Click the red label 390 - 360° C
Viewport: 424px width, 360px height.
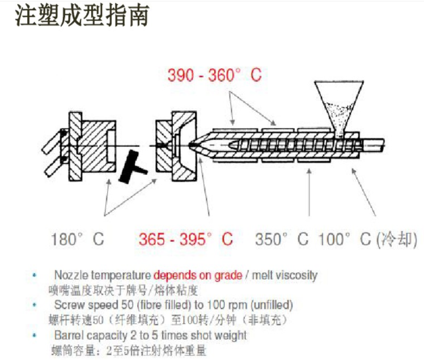click(x=214, y=75)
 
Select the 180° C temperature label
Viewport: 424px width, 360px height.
click(x=78, y=239)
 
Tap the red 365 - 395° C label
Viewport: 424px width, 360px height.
click(x=185, y=239)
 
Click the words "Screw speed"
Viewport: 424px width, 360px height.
click(x=81, y=306)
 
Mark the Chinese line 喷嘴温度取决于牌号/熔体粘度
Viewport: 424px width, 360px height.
click(x=124, y=290)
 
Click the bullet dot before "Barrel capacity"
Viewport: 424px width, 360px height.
click(x=35, y=336)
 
